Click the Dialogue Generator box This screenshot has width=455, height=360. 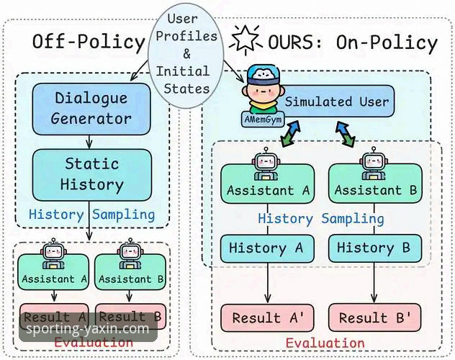click(x=91, y=108)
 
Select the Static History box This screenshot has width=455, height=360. click(x=91, y=174)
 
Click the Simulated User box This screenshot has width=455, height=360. click(x=336, y=101)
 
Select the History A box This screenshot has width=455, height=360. click(x=267, y=248)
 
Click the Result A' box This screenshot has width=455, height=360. click(x=269, y=318)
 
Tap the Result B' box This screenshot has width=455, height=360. click(x=374, y=318)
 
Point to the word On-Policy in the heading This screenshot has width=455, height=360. click(x=387, y=42)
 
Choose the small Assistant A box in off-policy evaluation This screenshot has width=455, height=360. click(x=55, y=279)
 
